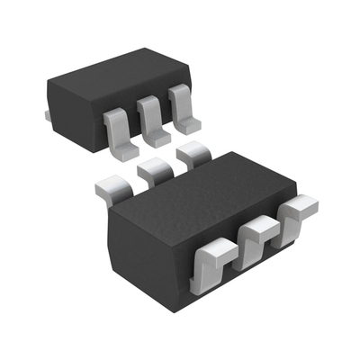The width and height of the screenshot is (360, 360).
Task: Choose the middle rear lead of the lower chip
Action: tap(153, 168)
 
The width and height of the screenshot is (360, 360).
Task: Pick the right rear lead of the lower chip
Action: tap(190, 155)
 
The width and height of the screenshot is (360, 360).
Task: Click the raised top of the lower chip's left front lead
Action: tap(211, 247)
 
